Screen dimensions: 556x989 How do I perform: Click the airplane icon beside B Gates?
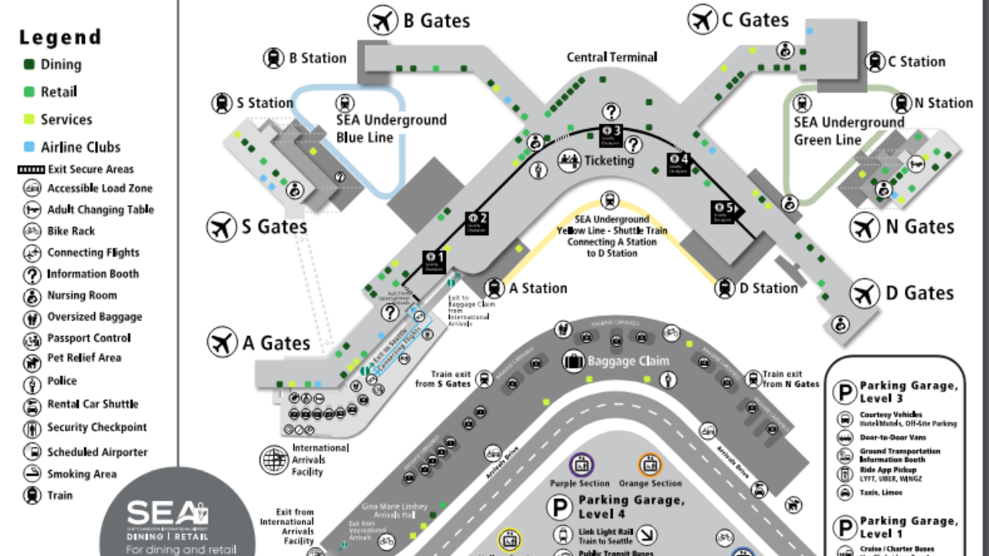pyautogui.click(x=382, y=20)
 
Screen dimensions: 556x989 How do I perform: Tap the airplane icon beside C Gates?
pyautogui.click(x=702, y=19)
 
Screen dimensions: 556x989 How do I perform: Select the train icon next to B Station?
pyautogui.click(x=274, y=58)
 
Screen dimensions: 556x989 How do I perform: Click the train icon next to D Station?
pyautogui.click(x=725, y=288)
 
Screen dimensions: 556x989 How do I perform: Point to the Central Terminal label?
pyautogui.click(x=612, y=57)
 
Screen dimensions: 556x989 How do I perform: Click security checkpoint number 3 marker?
pyautogui.click(x=612, y=134)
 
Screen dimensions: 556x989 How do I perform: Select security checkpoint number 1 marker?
pyautogui.click(x=434, y=260)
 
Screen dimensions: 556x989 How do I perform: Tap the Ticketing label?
pyautogui.click(x=609, y=161)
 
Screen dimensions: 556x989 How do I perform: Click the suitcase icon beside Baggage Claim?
pyautogui.click(x=573, y=361)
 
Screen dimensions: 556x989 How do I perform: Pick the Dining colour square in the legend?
pyautogui.click(x=29, y=65)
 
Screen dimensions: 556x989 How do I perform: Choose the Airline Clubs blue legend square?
pyautogui.click(x=29, y=147)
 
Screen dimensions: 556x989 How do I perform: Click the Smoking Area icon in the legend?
pyautogui.click(x=32, y=474)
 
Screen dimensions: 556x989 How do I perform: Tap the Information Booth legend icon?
pyautogui.click(x=32, y=274)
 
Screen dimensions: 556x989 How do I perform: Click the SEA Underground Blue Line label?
pyautogui.click(x=391, y=129)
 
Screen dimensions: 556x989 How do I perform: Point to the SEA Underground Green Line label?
pyautogui.click(x=848, y=131)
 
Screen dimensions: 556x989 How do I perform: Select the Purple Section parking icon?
pyautogui.click(x=581, y=465)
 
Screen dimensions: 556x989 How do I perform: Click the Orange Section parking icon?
pyautogui.click(x=650, y=465)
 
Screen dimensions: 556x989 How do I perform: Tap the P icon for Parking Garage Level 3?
pyautogui.click(x=844, y=392)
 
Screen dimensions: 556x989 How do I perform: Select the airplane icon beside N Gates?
pyautogui.click(x=865, y=227)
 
